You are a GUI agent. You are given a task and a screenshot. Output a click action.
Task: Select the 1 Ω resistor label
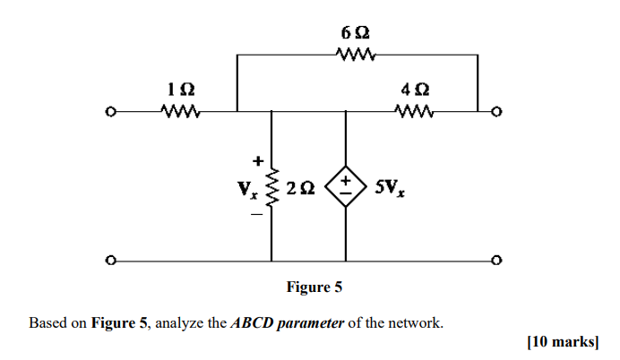(180, 90)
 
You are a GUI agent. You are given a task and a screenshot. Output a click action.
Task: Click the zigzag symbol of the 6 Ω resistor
(357, 55)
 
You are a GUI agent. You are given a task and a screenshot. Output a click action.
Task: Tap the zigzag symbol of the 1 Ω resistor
(180, 112)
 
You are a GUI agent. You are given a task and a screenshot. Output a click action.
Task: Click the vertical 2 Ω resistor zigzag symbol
(272, 189)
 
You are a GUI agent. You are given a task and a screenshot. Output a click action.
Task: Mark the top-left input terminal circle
(109, 113)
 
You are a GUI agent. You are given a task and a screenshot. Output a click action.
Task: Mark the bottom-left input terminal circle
(109, 261)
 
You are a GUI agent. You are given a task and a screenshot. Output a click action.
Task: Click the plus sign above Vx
(257, 162)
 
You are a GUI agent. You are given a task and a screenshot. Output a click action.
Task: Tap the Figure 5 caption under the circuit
(314, 287)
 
